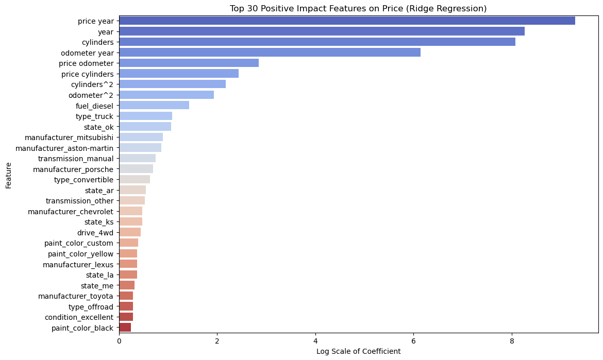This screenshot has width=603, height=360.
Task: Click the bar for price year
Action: [347, 21]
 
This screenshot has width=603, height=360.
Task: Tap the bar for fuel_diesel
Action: [154, 105]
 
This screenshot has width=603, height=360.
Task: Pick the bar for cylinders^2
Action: [172, 84]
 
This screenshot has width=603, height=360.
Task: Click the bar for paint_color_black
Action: [125, 328]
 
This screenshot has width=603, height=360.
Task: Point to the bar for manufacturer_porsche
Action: [136, 169]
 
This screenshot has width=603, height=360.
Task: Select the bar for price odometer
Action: [189, 63]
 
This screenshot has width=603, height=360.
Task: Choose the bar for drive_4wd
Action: [130, 232]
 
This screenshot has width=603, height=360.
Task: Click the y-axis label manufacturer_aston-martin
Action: [64, 148]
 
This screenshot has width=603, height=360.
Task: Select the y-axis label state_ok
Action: [98, 127]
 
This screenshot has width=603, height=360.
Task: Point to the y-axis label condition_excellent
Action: [79, 317]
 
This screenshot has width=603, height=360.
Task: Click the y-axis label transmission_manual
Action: [76, 158]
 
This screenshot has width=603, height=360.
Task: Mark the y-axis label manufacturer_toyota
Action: [76, 296]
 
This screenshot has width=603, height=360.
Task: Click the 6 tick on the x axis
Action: [413, 341]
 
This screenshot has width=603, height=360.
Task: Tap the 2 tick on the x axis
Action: [217, 341]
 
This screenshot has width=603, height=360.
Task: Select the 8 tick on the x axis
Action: [512, 341]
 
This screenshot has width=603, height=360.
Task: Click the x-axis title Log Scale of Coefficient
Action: [358, 352]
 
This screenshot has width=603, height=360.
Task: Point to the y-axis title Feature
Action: [9, 175]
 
